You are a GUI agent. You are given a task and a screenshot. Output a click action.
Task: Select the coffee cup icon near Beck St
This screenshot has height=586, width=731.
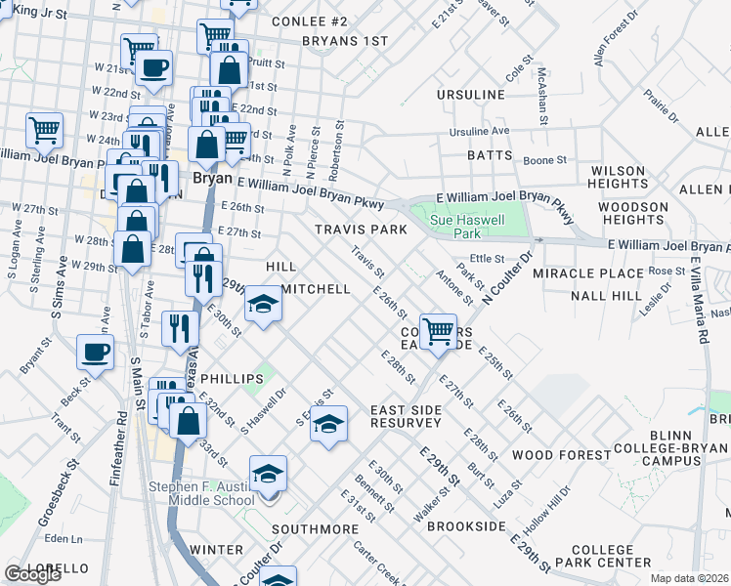pyautogui.click(x=95, y=351)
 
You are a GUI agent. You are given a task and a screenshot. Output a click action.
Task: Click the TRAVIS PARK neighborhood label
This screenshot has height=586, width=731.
pyautogui.click(x=361, y=230)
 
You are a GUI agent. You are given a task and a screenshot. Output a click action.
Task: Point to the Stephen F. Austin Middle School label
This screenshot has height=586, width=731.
pyautogui.click(x=201, y=493)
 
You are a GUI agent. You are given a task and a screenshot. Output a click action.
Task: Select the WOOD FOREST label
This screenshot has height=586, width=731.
pyautogui.click(x=561, y=455)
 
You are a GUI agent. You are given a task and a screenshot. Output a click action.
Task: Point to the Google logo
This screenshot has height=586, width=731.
pyautogui.click(x=32, y=574)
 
